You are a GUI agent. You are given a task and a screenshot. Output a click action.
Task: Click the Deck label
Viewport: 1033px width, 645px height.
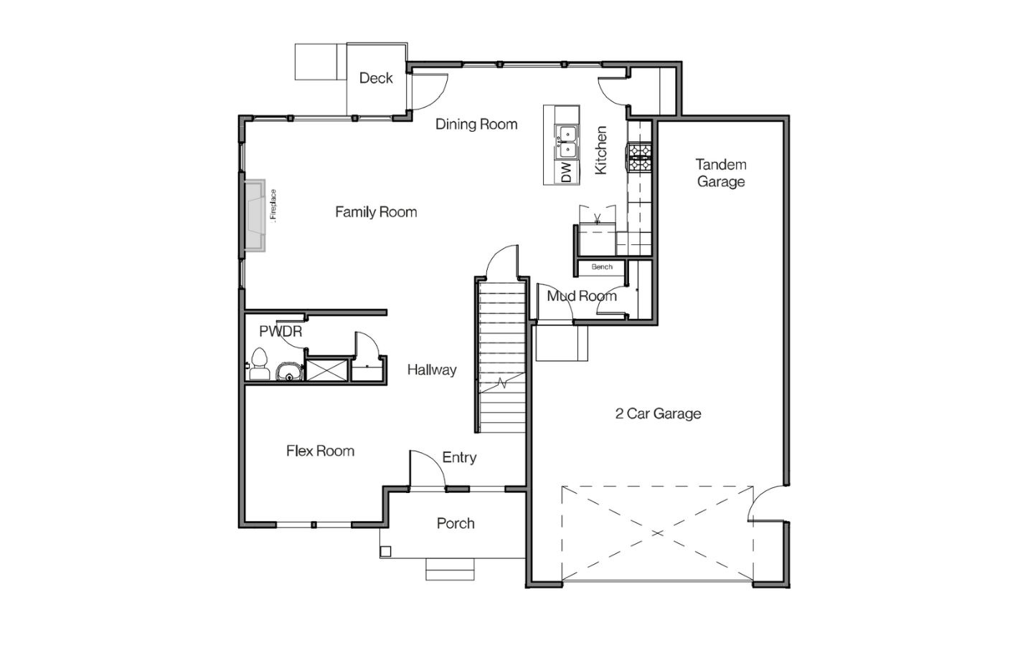coord(376,78)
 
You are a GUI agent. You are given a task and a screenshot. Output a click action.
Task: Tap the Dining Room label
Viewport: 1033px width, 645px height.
coord(476,124)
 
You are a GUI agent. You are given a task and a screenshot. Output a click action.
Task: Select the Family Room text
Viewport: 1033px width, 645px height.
coord(376,212)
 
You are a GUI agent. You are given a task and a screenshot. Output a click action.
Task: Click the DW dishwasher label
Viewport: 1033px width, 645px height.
coord(566,172)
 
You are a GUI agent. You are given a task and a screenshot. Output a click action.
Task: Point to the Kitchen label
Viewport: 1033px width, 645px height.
coord(600,150)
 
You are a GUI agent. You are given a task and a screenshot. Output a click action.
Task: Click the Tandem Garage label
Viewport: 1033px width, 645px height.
coord(721,173)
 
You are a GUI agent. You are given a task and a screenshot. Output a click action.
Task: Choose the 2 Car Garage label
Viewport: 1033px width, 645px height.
coord(658,414)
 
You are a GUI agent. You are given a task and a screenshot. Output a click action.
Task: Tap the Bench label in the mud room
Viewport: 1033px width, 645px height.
coord(602,267)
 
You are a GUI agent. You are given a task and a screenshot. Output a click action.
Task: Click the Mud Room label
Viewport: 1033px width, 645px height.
coord(582,296)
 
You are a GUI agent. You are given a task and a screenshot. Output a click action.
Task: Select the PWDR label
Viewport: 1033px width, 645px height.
coord(280,331)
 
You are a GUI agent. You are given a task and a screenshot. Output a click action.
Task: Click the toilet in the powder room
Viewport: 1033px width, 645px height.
coord(259,364)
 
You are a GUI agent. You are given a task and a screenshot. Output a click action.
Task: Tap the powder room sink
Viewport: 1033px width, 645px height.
coord(289,372)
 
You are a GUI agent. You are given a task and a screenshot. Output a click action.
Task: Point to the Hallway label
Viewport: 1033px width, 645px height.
coord(432,370)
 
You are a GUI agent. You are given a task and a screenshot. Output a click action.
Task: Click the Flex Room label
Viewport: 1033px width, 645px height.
coord(320,451)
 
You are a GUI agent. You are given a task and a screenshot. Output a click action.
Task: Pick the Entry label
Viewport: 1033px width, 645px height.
coord(459,457)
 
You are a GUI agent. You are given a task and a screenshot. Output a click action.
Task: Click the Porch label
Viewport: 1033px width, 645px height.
coord(456,523)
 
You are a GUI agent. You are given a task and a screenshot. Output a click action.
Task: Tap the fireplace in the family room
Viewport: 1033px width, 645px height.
coord(255,216)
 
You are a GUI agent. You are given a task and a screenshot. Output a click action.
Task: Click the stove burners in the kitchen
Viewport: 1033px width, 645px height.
coord(638,157)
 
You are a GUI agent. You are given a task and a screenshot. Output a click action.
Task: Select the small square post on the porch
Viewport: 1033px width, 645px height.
coord(385,552)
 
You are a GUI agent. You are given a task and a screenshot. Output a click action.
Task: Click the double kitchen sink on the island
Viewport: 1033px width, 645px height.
coord(567,142)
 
